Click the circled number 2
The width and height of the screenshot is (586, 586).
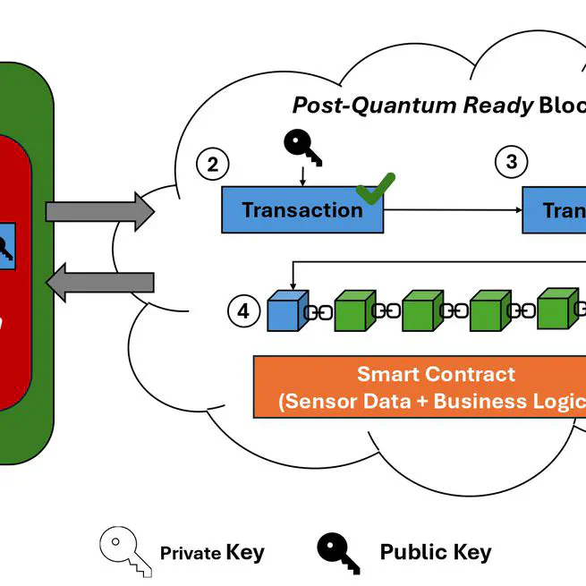212,164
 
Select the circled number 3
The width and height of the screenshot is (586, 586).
512,162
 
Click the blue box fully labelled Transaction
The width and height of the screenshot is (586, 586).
302,210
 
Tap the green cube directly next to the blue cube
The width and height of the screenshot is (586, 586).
354,311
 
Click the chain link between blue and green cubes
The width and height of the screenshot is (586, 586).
319,313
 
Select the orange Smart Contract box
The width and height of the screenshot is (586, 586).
420,387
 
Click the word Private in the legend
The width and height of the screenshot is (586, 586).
190,553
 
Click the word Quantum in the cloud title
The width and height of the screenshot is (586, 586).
405,105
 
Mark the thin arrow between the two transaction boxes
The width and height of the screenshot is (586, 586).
453,210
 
